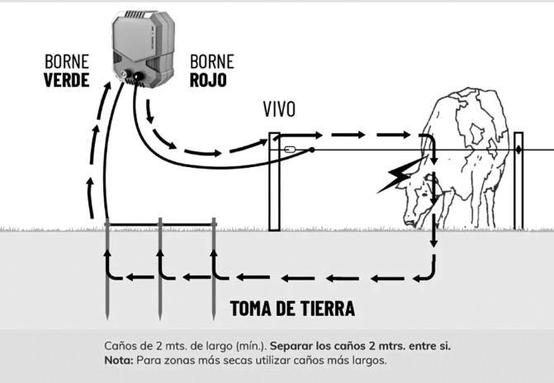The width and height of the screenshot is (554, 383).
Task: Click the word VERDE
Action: (x=66, y=81)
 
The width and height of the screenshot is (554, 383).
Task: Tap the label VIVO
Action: (x=279, y=110)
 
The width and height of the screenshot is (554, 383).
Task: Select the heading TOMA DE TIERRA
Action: (x=292, y=309)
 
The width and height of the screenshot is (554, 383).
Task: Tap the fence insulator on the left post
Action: (x=291, y=151)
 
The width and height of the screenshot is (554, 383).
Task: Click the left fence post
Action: (x=274, y=182)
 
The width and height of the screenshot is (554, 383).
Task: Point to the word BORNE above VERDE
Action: (x=66, y=62)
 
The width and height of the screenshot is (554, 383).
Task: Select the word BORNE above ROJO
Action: (x=212, y=62)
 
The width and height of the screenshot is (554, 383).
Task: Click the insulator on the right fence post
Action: (x=518, y=150)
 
